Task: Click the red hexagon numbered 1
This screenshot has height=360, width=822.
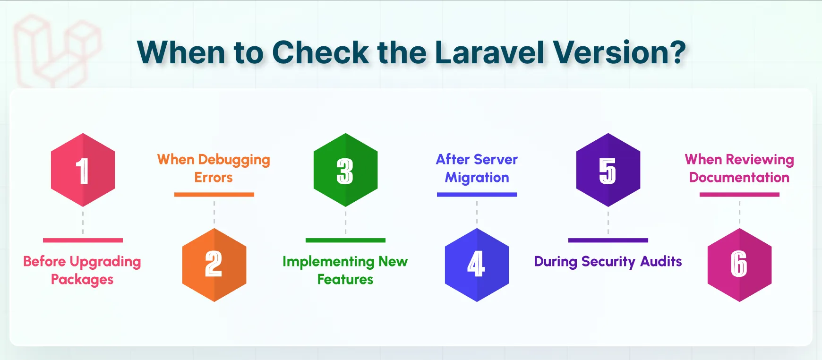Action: pos(83,170)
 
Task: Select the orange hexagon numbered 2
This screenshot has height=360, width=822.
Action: pos(214,265)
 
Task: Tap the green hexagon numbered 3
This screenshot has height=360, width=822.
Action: pos(345,170)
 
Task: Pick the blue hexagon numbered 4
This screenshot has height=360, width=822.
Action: pos(477,265)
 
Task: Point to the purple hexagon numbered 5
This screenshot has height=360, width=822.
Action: pos(608,170)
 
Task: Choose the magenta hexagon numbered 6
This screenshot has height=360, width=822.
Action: pos(739,265)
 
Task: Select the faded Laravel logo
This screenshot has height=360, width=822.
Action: pos(57,50)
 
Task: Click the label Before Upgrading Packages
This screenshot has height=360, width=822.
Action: pos(82,270)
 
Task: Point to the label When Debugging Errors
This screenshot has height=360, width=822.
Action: pos(214,168)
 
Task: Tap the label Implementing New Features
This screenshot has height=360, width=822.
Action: pos(345,270)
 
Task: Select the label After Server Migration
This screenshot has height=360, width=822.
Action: pos(477,168)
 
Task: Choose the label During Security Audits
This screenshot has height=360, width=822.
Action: pos(608,261)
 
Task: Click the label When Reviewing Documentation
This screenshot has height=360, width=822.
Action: pos(739,168)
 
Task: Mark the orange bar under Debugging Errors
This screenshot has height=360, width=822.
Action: pos(214,195)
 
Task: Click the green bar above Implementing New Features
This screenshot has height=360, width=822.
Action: pos(345,240)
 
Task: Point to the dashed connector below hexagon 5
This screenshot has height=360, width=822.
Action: pos(608,222)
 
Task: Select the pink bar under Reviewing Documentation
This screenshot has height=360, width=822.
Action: pos(739,195)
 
